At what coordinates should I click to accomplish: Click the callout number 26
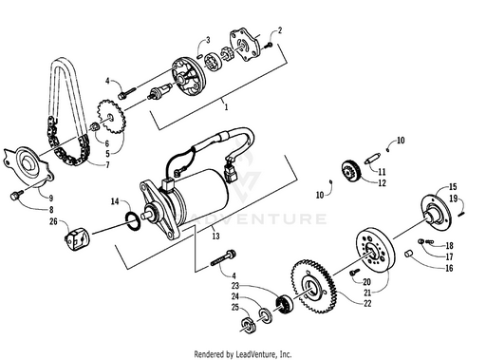click(x=53, y=221)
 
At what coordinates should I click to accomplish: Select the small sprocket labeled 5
click(x=111, y=117)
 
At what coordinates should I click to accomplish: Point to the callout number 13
click(x=215, y=236)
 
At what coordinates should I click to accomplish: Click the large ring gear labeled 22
click(x=314, y=287)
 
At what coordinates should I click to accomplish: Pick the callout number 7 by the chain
click(x=108, y=165)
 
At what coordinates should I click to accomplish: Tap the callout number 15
click(x=453, y=186)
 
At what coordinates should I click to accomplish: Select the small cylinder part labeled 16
click(x=408, y=254)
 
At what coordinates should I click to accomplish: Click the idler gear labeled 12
click(x=351, y=171)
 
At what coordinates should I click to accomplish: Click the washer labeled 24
click(x=265, y=315)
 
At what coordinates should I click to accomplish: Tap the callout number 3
click(x=208, y=40)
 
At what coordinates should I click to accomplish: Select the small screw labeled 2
click(x=269, y=46)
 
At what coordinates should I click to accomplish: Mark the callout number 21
click(x=377, y=293)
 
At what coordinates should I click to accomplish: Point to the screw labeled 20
click(x=355, y=273)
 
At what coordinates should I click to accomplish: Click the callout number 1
click(x=226, y=107)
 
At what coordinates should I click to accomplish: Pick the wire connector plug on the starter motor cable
click(x=231, y=174)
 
